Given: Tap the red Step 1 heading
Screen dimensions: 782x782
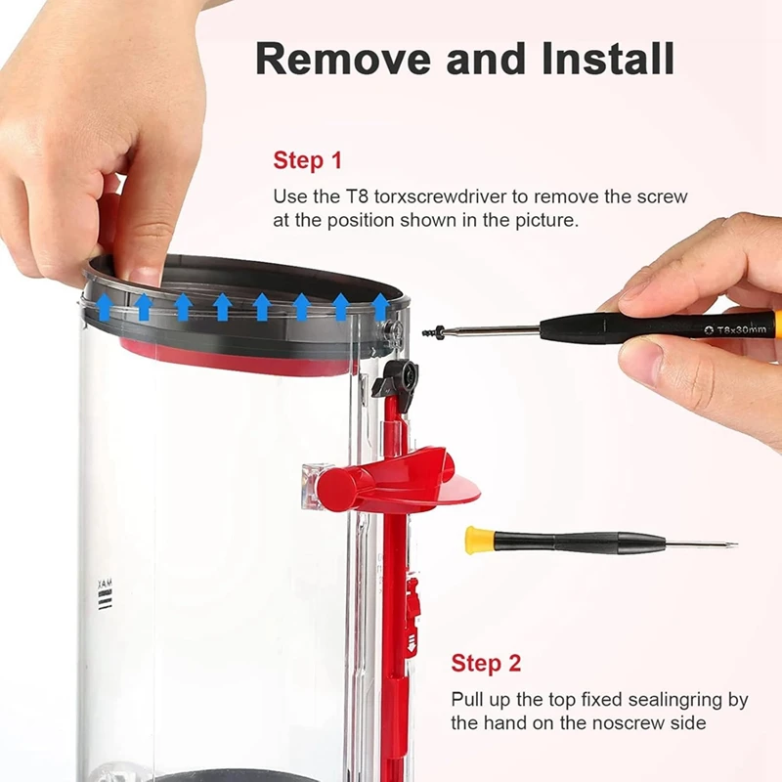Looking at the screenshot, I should [308, 160].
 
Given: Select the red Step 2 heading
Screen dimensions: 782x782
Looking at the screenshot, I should [486, 664].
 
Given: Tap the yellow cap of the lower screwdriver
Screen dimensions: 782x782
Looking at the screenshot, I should [477, 540].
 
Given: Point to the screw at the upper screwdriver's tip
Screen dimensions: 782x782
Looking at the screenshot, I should [430, 332].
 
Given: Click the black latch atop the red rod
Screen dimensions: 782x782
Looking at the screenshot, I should [397, 377].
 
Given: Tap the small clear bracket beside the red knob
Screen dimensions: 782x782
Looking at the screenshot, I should [312, 481].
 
